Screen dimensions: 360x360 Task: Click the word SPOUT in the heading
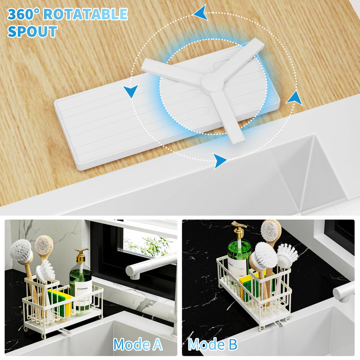point(32,31)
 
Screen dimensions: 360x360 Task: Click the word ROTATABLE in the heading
point(85,14)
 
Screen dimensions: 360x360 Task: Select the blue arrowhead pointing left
point(201,13)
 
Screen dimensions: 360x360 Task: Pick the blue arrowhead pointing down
point(131,91)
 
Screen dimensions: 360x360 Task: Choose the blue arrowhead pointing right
point(220,161)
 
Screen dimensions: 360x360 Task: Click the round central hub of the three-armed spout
point(212,83)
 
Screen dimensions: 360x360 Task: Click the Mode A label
point(138,344)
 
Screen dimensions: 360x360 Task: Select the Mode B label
point(213,344)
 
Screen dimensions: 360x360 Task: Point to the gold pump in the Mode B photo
point(239,229)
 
